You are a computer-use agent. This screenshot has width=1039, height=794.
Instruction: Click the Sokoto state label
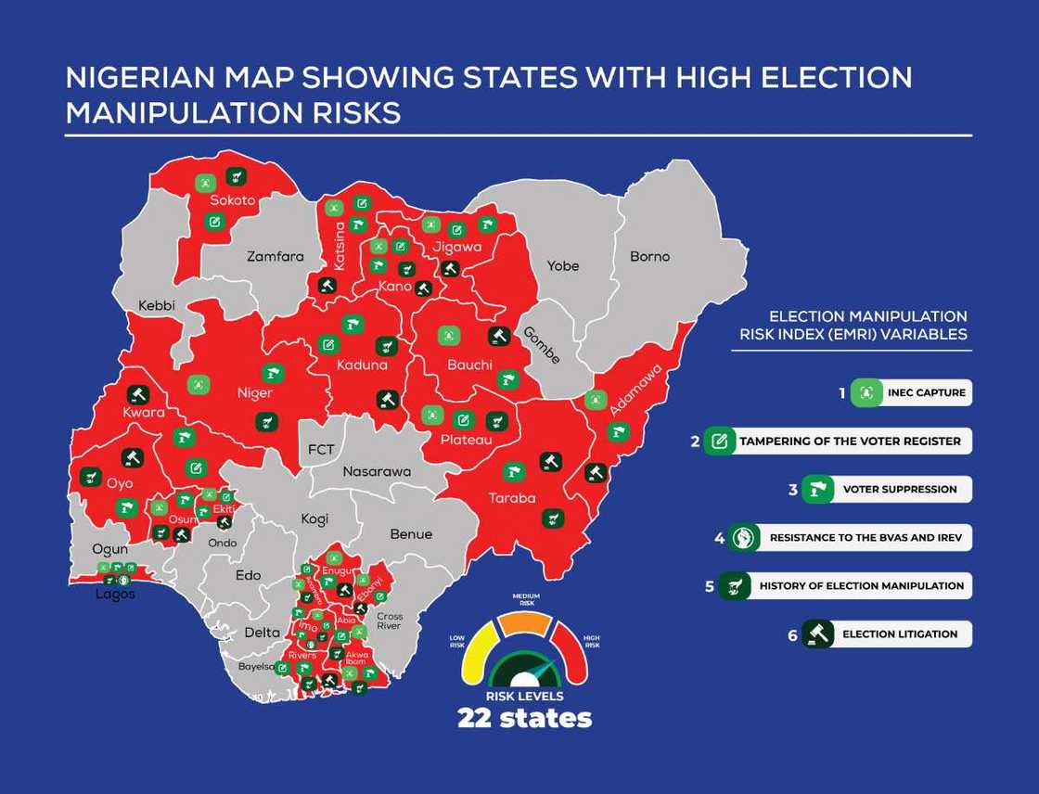tap(232, 199)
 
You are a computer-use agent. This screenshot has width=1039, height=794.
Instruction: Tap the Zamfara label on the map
tap(275, 256)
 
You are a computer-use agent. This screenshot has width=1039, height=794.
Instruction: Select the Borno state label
tap(649, 256)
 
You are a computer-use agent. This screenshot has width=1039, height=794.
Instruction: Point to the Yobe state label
tap(562, 266)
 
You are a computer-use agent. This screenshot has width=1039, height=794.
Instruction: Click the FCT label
tap(321, 450)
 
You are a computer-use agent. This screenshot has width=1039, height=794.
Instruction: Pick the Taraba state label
tap(512, 498)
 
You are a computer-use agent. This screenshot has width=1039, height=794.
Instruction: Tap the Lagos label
tap(115, 595)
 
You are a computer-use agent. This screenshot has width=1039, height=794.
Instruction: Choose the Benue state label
tap(411, 534)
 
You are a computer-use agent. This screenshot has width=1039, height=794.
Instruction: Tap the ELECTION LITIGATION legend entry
tap(899, 634)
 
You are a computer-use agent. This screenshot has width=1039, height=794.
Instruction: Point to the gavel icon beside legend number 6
tap(818, 634)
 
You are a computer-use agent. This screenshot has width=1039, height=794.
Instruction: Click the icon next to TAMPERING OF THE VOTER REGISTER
tap(718, 442)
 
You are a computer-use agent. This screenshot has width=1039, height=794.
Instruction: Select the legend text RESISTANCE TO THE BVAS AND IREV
tap(866, 538)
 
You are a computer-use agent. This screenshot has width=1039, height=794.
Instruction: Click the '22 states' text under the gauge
tap(524, 718)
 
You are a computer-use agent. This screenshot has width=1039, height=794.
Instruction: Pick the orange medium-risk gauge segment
tap(526, 624)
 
